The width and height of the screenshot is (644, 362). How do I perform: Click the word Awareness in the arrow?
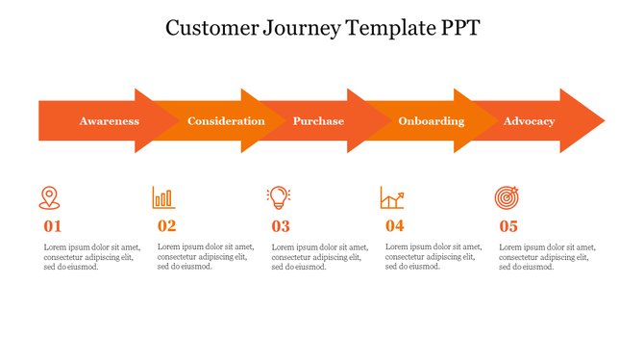tap(110, 121)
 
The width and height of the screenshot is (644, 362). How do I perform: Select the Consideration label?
tap(226, 121)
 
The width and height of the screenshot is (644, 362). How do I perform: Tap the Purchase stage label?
tap(318, 121)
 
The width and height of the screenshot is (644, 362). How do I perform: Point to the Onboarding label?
tap(432, 121)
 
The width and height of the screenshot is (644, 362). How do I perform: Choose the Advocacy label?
tap(529, 121)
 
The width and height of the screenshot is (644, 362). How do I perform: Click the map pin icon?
tap(49, 197)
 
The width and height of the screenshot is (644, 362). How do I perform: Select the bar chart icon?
tap(163, 197)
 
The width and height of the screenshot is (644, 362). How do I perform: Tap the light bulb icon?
tap(279, 197)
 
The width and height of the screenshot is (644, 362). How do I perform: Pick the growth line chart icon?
tap(392, 197)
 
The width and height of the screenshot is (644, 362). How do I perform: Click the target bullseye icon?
tap(508, 197)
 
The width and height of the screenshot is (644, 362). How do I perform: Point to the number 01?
tap(53, 227)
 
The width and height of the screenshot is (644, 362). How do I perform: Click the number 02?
tap(167, 227)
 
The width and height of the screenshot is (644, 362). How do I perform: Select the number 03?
tap(281, 227)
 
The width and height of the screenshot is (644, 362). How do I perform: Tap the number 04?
tap(395, 227)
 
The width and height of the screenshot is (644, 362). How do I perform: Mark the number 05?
tap(508, 227)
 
